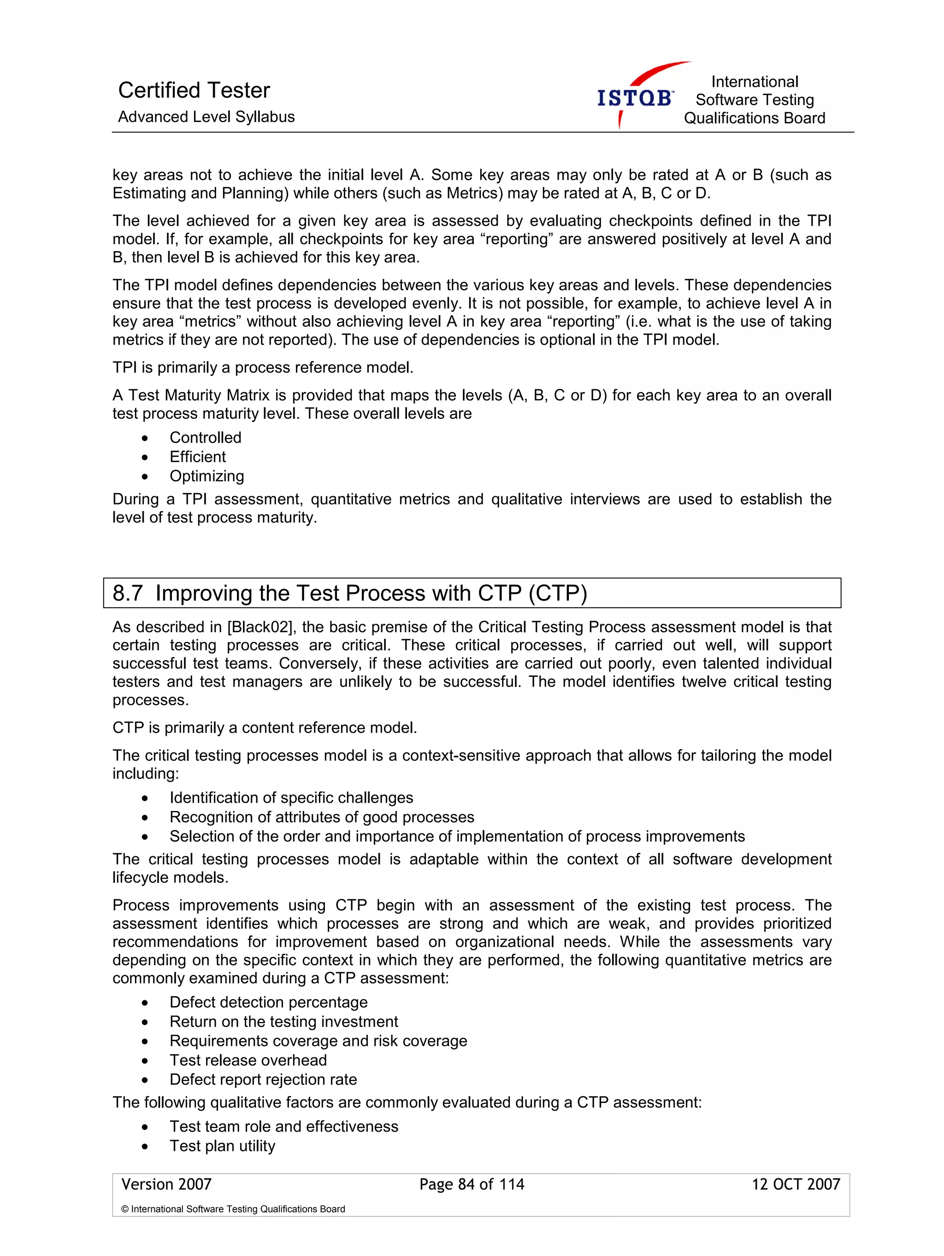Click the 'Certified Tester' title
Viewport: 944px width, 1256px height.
[194, 90]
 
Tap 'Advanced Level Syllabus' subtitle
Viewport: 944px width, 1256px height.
[206, 117]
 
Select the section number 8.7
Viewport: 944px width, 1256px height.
[127, 593]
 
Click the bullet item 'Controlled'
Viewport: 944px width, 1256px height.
[205, 438]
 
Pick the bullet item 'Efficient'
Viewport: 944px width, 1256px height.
[197, 457]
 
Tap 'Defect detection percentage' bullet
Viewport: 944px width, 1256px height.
[268, 1002]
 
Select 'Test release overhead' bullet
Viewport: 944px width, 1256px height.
[248, 1060]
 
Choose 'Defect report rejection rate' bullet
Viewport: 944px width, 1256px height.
[263, 1080]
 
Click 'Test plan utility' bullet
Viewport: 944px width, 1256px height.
[222, 1146]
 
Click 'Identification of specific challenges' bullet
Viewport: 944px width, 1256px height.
[291, 798]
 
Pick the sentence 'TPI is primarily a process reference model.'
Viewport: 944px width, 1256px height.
[262, 367]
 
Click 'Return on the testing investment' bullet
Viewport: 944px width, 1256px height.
[283, 1021]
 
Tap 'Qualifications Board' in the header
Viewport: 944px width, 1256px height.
[754, 118]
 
